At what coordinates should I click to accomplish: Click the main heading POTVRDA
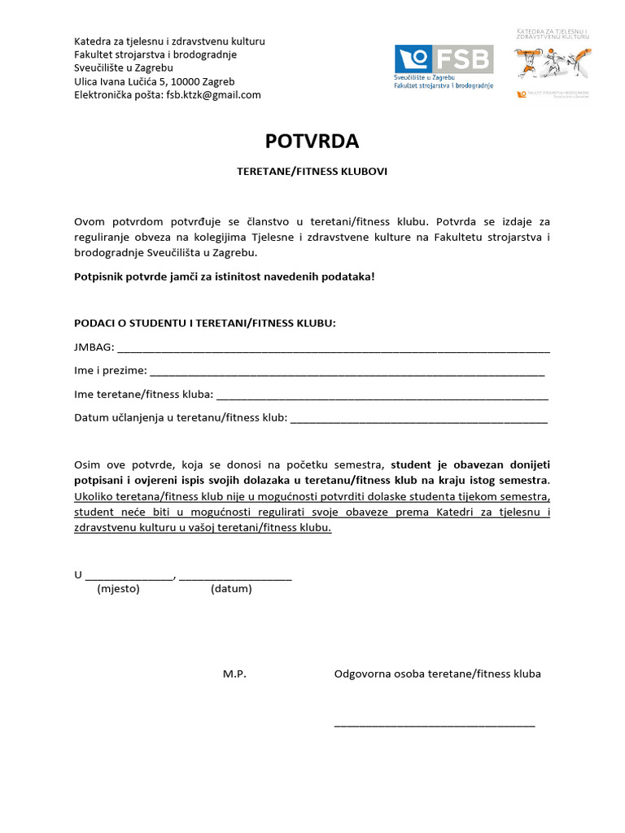pos(312,142)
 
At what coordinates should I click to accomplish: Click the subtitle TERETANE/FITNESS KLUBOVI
pos(312,172)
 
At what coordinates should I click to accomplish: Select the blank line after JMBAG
pos(334,349)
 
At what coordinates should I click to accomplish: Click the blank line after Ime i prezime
pos(347,373)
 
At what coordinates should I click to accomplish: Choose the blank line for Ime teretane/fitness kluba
pos(382,396)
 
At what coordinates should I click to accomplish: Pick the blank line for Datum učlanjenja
pos(418,420)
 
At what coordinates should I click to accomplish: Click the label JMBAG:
pos(94,347)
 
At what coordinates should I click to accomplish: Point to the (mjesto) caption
pos(118,589)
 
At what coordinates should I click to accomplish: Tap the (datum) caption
pos(231,589)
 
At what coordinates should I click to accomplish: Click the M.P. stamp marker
pos(234,674)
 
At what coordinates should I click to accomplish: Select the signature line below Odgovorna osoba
pos(435,723)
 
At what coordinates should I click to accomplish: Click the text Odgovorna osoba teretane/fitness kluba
pos(437,674)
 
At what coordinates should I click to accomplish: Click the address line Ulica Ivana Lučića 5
pos(154,81)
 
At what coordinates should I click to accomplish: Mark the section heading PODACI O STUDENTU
pos(204,323)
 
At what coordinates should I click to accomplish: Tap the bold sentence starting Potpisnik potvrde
pos(225,277)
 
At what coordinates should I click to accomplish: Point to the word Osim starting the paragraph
pos(88,465)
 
